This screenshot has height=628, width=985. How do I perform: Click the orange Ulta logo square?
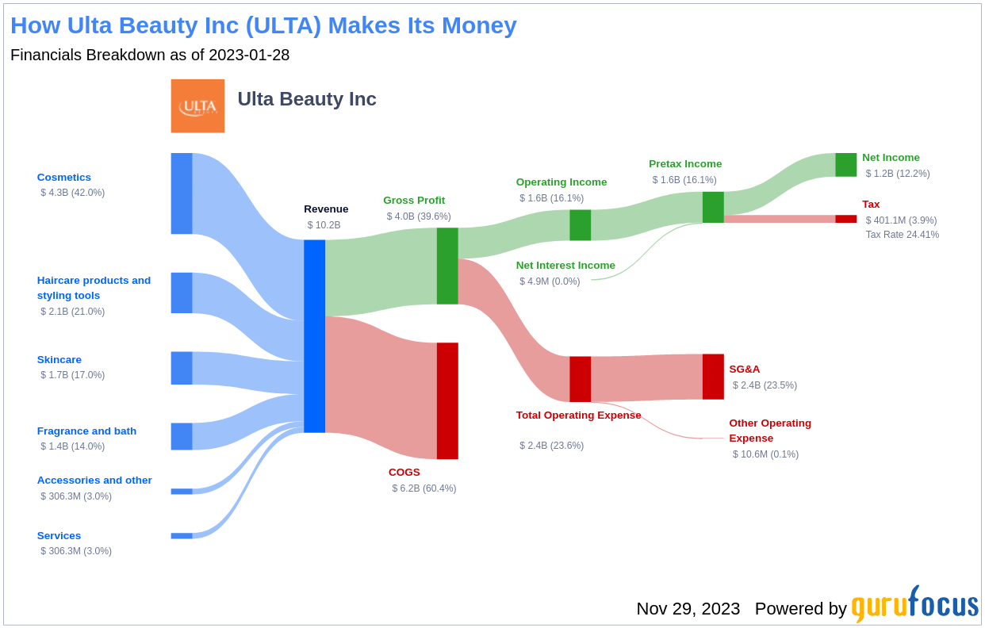[x=197, y=105]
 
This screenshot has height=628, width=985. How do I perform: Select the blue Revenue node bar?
[x=314, y=336]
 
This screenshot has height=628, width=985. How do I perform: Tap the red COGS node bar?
[x=447, y=400]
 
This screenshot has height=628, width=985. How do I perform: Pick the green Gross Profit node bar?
[x=447, y=266]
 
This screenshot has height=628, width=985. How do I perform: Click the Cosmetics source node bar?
[x=182, y=193]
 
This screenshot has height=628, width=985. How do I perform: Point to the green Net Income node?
[x=845, y=165]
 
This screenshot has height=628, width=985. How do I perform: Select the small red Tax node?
[x=845, y=219]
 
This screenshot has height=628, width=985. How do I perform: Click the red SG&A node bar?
[x=713, y=377]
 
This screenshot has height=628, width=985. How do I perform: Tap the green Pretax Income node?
[x=713, y=207]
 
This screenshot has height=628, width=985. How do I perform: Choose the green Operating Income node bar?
[x=580, y=225]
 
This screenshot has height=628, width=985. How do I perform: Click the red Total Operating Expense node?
[x=580, y=379]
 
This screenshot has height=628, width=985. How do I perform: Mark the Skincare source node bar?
[x=182, y=368]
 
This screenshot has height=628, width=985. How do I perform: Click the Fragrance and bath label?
[x=86, y=431]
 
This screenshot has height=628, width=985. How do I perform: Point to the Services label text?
[x=59, y=536]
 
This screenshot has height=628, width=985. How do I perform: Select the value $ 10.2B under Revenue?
[x=324, y=225]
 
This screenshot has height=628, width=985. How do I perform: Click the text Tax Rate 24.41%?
[x=902, y=235]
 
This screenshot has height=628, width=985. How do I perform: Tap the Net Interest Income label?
[x=565, y=266]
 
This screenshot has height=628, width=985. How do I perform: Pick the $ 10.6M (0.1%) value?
[x=765, y=454]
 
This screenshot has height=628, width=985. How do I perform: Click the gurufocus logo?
[x=914, y=605]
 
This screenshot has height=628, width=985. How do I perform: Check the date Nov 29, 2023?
[x=688, y=609]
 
